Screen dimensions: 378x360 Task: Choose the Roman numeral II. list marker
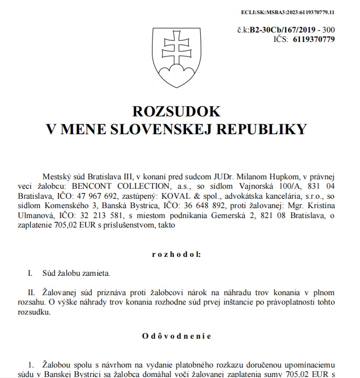click(x=32, y=292)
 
